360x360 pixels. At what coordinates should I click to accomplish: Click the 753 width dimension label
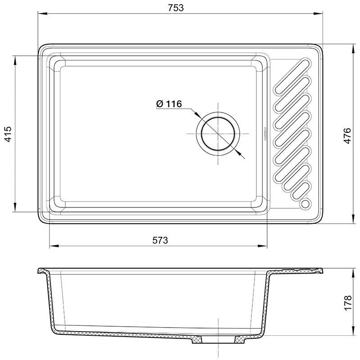tap(176, 8)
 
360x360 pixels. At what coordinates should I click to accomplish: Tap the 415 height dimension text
tap(8, 134)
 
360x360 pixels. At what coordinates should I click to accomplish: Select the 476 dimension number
tap(347, 136)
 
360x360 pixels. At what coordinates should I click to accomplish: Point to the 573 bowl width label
tap(160, 240)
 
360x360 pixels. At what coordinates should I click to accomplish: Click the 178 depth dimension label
tap(347, 303)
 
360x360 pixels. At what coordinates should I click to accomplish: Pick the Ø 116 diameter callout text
tap(169, 104)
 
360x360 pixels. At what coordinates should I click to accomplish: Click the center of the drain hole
tap(218, 134)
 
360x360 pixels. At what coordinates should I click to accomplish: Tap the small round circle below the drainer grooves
tap(306, 204)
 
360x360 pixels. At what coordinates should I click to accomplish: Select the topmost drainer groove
tap(292, 76)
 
